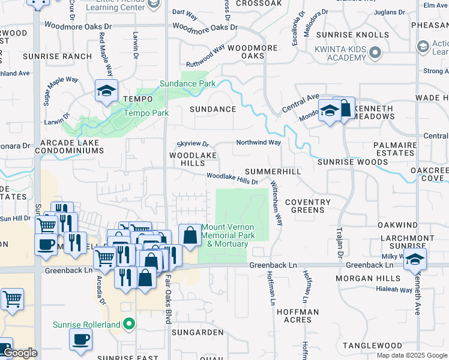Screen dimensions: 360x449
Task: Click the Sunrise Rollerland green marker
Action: (129, 325)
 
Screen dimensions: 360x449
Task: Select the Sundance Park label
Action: (187, 84)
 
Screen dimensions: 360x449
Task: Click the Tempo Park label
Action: (146, 113)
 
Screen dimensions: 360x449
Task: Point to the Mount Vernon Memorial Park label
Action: (228, 231)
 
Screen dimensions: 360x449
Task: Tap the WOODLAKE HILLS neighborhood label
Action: (192, 159)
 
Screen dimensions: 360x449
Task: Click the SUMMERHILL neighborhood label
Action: (272, 172)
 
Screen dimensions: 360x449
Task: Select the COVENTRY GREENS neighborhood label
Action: (308, 206)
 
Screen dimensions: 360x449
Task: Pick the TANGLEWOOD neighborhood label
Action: (372, 346)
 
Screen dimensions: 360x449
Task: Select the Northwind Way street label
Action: (258, 143)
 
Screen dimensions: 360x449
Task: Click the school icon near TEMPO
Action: (106, 92)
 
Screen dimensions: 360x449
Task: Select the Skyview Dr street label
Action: (192, 145)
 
